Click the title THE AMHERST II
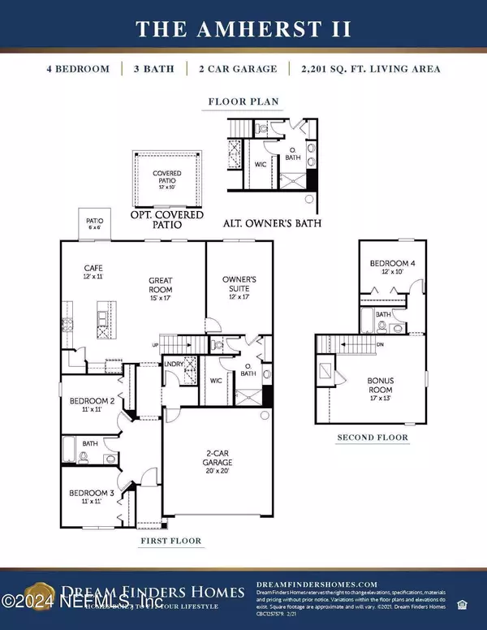(243, 29)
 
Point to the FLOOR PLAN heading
(243, 102)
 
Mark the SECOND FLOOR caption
(373, 438)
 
